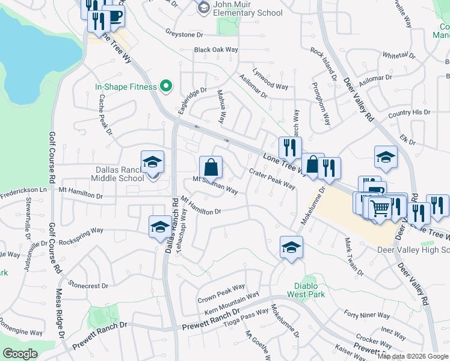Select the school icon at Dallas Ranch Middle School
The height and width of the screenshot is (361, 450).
[152, 162]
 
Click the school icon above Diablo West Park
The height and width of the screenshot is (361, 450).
[291, 247]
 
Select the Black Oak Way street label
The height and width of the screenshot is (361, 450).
[216, 50]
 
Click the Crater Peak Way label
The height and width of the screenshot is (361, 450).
[272, 179]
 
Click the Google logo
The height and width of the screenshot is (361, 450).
[20, 354]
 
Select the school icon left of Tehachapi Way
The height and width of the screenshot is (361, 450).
[159, 226]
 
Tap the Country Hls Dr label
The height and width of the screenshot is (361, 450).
[409, 113]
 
